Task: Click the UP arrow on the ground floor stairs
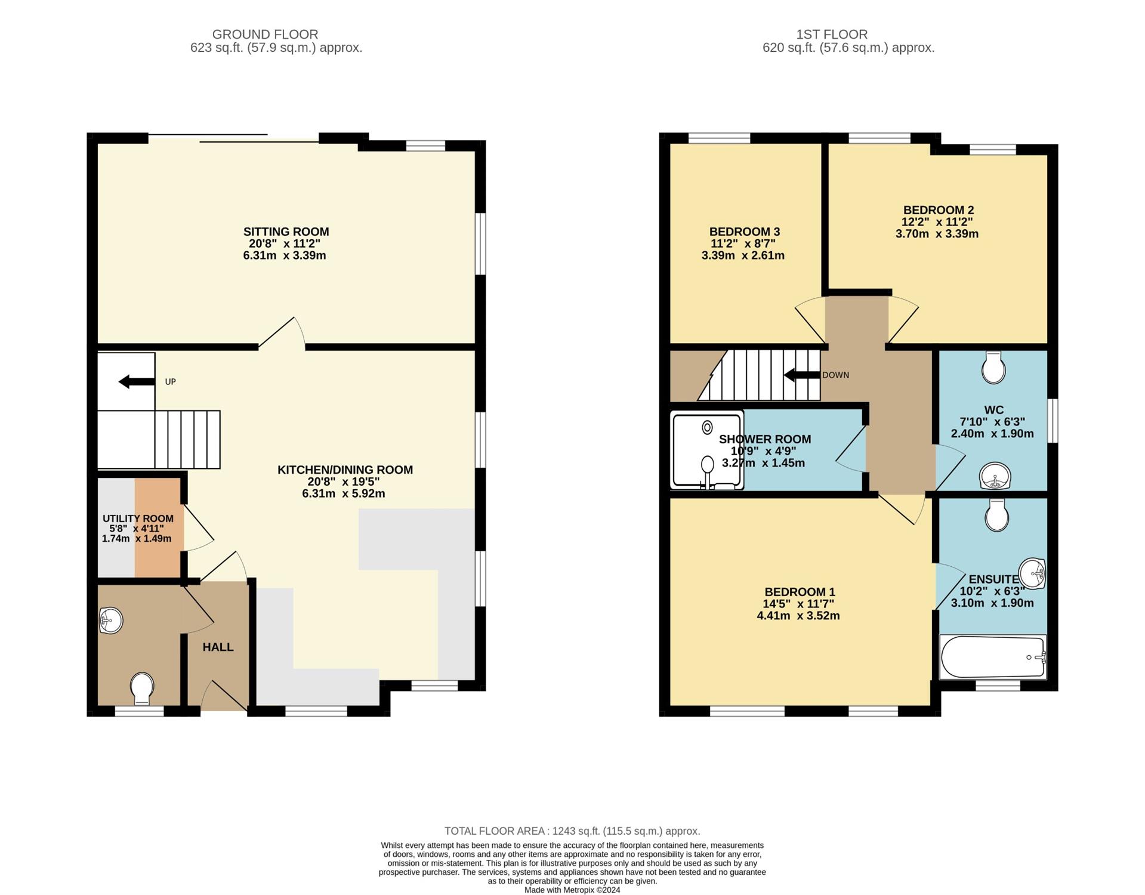tap(137, 382)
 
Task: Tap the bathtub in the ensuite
tap(993, 657)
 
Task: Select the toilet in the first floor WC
tap(993, 367)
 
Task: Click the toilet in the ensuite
tap(997, 515)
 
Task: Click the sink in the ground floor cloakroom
tap(111, 621)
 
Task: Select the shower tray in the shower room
tap(707, 450)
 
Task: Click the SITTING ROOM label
tap(286, 232)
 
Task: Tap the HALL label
tap(218, 647)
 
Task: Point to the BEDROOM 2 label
tap(938, 210)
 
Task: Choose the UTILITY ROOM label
tap(138, 519)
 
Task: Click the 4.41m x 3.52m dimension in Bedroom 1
tap(798, 616)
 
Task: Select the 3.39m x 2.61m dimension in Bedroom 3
tap(743, 255)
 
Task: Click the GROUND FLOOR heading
tap(265, 35)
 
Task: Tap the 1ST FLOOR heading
tap(832, 35)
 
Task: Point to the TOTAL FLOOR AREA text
tap(572, 831)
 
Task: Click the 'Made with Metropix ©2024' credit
tap(572, 890)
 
